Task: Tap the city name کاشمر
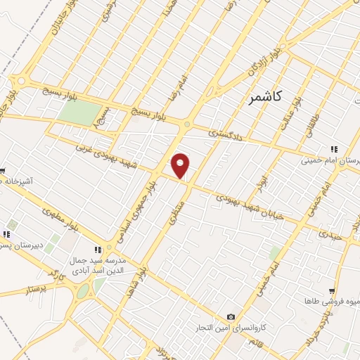pos(265,97)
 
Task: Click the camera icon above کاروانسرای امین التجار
pos(231,317)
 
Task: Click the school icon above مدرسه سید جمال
pos(98,248)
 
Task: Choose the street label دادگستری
pos(225,131)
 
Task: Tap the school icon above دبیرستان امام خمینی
pos(333,149)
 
